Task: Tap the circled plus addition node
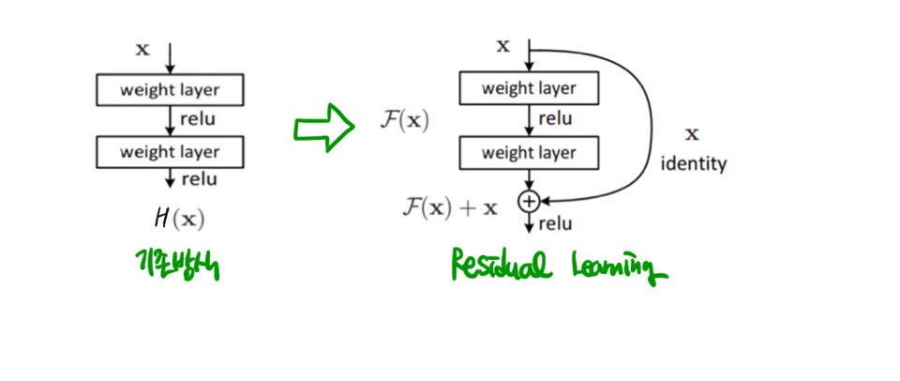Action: click(x=530, y=200)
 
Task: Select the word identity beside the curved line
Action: click(x=694, y=164)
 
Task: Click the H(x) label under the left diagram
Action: click(x=179, y=220)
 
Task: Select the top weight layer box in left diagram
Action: click(x=170, y=90)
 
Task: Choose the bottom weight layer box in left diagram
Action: click(x=170, y=151)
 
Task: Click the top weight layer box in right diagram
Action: click(x=530, y=89)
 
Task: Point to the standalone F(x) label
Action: click(x=405, y=122)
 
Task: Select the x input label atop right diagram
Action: click(x=502, y=45)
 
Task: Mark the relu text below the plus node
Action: click(x=555, y=224)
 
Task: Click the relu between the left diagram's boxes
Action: click(x=198, y=119)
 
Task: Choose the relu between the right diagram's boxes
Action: click(x=555, y=119)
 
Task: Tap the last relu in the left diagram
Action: click(x=198, y=179)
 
